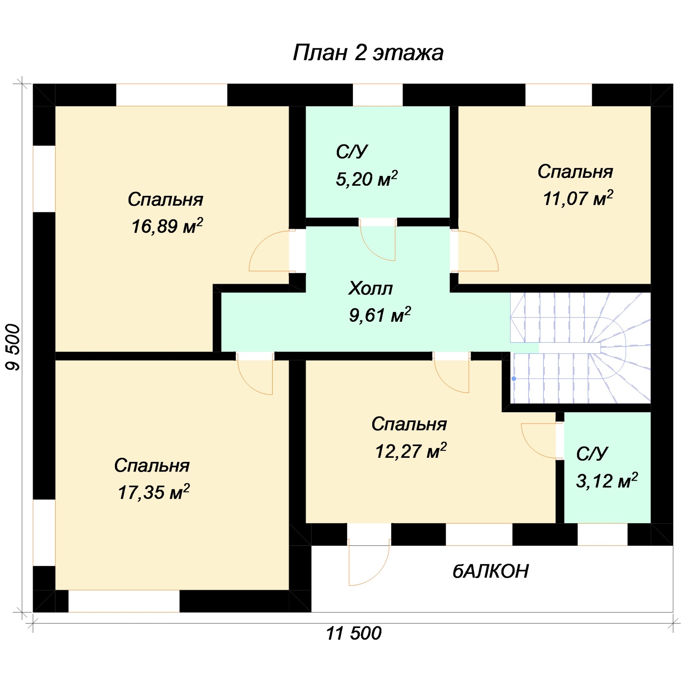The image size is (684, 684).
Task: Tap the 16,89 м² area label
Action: coord(167,226)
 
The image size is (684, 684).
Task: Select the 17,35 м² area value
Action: coord(154,492)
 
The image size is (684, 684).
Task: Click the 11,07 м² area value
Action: coord(578,198)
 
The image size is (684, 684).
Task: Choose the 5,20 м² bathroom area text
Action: coord(366,179)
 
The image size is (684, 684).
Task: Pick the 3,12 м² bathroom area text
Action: coord(607,480)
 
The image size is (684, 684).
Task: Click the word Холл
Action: coord(371,288)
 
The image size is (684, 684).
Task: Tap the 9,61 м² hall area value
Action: coord(380,314)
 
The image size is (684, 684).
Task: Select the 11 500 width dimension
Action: coord(354,633)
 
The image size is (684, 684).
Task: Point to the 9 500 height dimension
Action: coord(14,347)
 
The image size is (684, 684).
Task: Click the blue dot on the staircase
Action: coord(514,379)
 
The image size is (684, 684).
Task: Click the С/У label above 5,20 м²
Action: coord(351,152)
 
